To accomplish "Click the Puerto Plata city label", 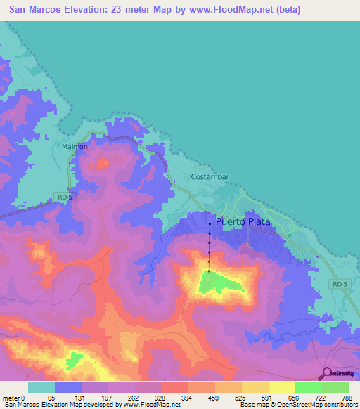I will (x=243, y=221).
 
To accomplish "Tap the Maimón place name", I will (x=74, y=147).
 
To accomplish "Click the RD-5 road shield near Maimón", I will (x=65, y=198).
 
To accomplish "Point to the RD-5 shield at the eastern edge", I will (x=340, y=283).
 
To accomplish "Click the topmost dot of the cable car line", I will (x=210, y=224).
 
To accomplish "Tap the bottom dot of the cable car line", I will (x=209, y=271).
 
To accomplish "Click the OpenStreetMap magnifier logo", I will (x=326, y=373).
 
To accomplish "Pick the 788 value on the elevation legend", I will (x=347, y=398).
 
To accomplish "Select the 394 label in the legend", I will (x=188, y=398).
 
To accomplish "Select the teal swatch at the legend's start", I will (x=41, y=387).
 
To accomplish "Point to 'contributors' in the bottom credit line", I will (x=338, y=405).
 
